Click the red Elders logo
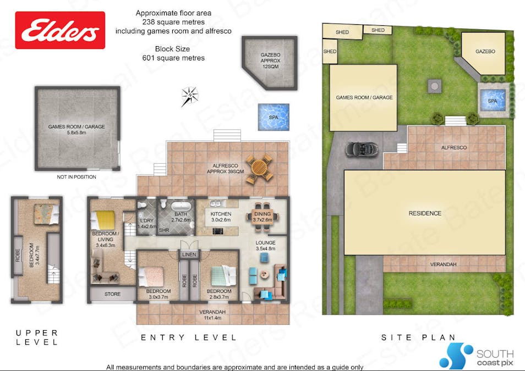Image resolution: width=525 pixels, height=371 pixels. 60,30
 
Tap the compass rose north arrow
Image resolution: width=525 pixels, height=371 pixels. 190,96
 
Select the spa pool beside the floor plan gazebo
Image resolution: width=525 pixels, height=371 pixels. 274,117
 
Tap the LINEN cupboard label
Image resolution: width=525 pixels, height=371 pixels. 188,254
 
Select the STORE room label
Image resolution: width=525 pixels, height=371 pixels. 112,294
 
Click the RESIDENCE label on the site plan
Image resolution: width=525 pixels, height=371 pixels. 424,213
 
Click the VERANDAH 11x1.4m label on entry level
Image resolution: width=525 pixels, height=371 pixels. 212,314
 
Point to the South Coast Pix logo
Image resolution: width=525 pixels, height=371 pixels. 476,355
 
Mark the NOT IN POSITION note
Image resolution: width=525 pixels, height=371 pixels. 76,177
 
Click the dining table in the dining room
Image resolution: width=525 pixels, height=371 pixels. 262,214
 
